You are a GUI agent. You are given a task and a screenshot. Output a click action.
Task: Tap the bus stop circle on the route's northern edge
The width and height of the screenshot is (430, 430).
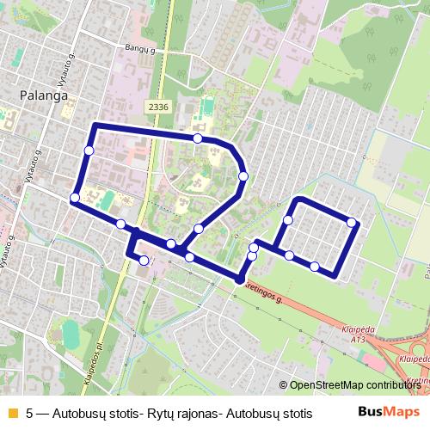tap(198, 138)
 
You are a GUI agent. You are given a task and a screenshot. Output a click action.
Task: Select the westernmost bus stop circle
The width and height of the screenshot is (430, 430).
tap(75, 198)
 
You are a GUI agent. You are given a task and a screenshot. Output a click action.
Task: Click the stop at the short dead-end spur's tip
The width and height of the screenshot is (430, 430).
tap(144, 260)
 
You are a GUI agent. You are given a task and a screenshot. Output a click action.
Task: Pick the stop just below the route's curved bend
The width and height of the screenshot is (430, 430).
tap(243, 175)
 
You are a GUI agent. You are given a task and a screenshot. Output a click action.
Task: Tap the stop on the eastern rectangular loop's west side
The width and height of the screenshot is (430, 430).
tap(287, 221)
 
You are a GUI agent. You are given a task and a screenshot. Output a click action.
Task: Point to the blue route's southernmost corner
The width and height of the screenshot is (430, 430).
tap(239, 279)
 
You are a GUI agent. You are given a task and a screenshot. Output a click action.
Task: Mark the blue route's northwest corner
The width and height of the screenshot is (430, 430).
tap(94, 126)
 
